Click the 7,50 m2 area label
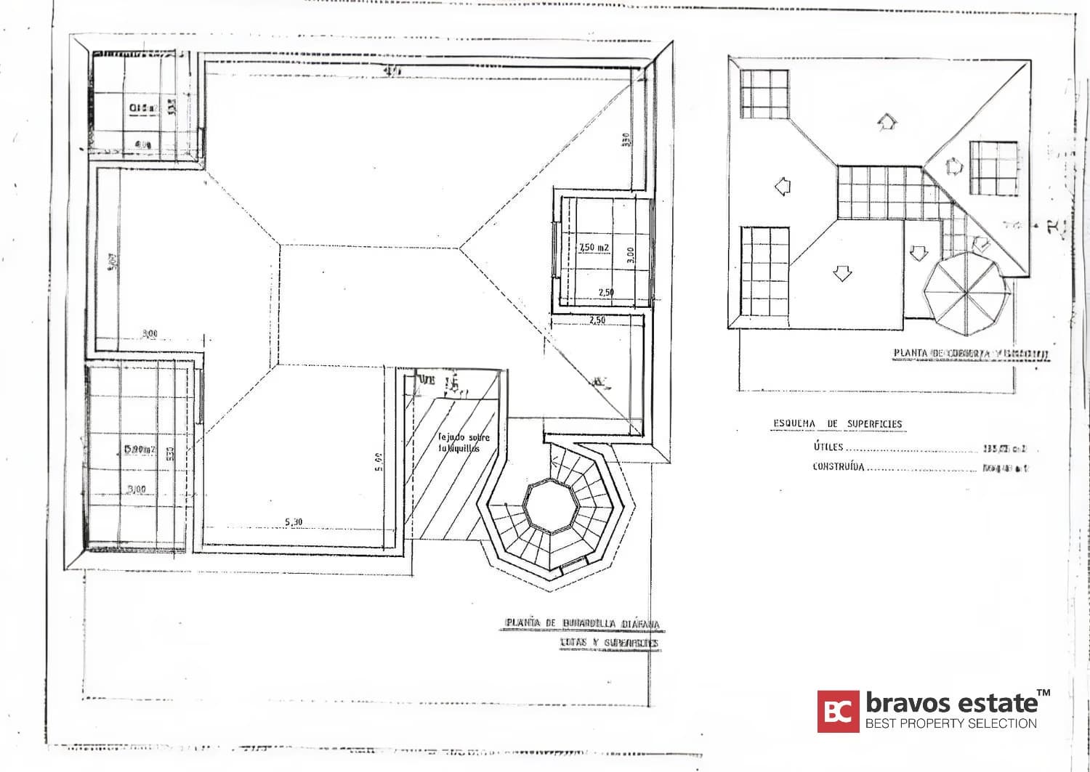594,248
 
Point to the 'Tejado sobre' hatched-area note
464,438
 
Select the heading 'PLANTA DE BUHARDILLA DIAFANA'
583,624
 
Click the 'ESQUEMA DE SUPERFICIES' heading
837,424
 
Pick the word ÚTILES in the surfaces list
828,447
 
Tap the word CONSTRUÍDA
839,467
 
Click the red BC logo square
838,711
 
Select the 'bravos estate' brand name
952,703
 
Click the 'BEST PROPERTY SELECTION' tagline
950,723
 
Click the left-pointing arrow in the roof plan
782,187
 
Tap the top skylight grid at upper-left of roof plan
764,94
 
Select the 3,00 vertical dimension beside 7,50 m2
630,255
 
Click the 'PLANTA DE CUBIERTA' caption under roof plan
971,354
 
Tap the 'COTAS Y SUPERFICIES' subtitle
609,643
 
